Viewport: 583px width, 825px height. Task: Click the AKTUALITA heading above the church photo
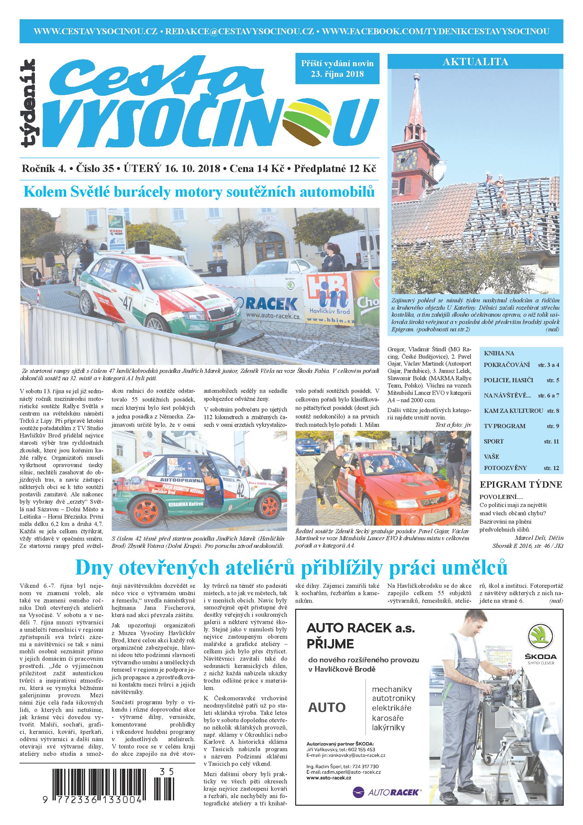click(475, 62)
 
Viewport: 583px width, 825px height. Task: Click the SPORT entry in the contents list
click(494, 441)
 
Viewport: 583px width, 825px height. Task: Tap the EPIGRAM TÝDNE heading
click(521, 484)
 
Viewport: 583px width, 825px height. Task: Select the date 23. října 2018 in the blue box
click(337, 74)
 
